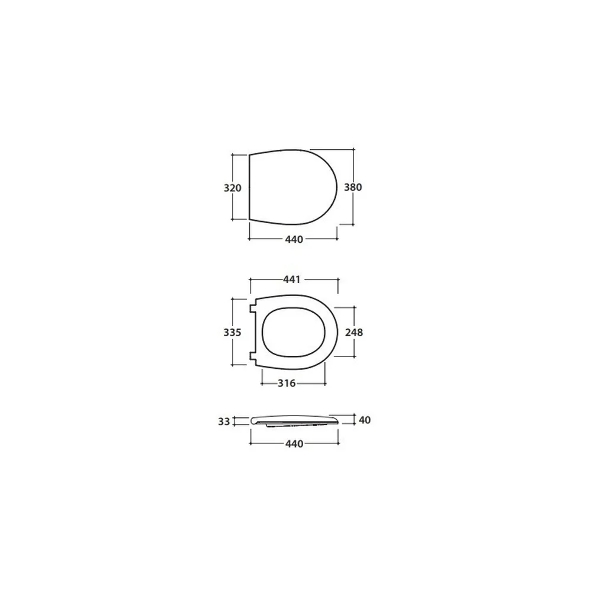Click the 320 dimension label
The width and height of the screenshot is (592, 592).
(x=232, y=188)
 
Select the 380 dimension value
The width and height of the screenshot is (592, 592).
(x=353, y=187)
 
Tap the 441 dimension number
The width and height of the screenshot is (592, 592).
(x=292, y=279)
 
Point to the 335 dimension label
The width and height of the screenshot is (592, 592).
(x=232, y=332)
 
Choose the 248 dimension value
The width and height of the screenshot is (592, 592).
(x=354, y=332)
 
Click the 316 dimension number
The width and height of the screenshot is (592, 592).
(x=287, y=383)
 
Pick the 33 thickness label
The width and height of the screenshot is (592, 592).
(x=224, y=422)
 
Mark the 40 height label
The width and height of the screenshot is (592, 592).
(x=365, y=420)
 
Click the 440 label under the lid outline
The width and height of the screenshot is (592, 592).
(x=294, y=239)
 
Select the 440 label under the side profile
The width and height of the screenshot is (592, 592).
(x=294, y=443)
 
